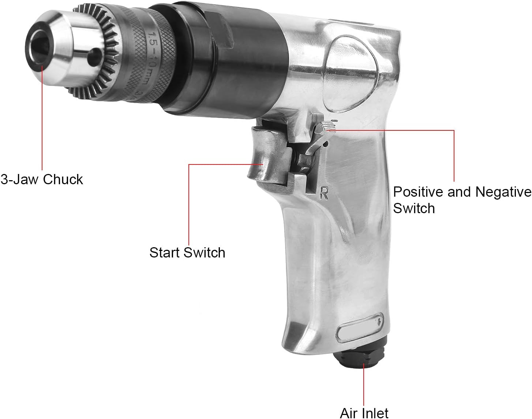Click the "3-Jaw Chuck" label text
[42, 180]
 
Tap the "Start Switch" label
[187, 253]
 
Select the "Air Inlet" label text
[364, 413]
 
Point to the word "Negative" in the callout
[503, 192]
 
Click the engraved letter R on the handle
[324, 193]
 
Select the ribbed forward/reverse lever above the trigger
[326, 126]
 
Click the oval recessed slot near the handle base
[360, 327]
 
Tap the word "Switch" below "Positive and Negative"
[414, 208]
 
